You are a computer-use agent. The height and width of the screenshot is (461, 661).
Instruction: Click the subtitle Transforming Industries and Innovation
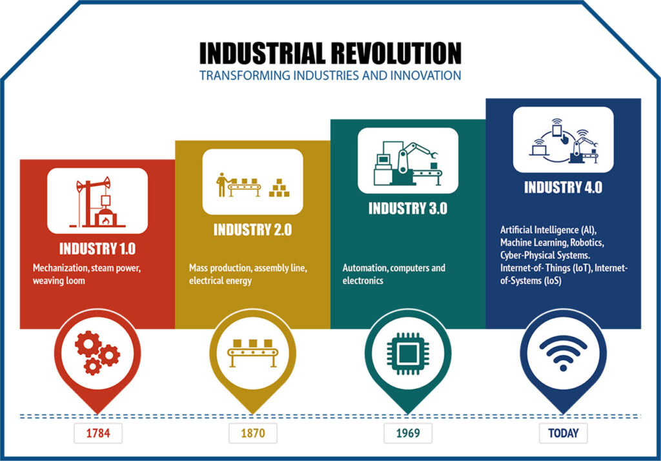[330, 76]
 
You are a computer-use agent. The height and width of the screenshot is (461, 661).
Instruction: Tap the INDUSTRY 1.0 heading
[97, 248]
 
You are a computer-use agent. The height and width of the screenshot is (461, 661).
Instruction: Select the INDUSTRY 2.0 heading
[252, 229]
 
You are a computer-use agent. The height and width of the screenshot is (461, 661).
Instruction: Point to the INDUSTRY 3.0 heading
[407, 209]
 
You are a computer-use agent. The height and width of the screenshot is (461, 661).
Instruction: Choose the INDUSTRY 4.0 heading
[563, 187]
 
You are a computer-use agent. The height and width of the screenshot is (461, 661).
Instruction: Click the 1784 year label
[97, 433]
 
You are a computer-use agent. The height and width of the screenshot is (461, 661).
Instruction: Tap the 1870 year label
[252, 433]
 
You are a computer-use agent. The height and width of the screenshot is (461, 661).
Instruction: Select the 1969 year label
[408, 433]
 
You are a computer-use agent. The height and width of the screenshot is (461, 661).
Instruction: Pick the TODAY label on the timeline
[563, 433]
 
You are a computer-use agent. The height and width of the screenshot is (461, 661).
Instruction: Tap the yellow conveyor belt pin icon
[252, 353]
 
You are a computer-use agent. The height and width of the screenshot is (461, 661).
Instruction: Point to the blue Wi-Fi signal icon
[563, 353]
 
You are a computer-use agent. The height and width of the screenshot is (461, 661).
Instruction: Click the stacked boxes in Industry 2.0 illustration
[278, 188]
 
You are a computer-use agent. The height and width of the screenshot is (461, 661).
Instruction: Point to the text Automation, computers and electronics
[393, 274]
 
